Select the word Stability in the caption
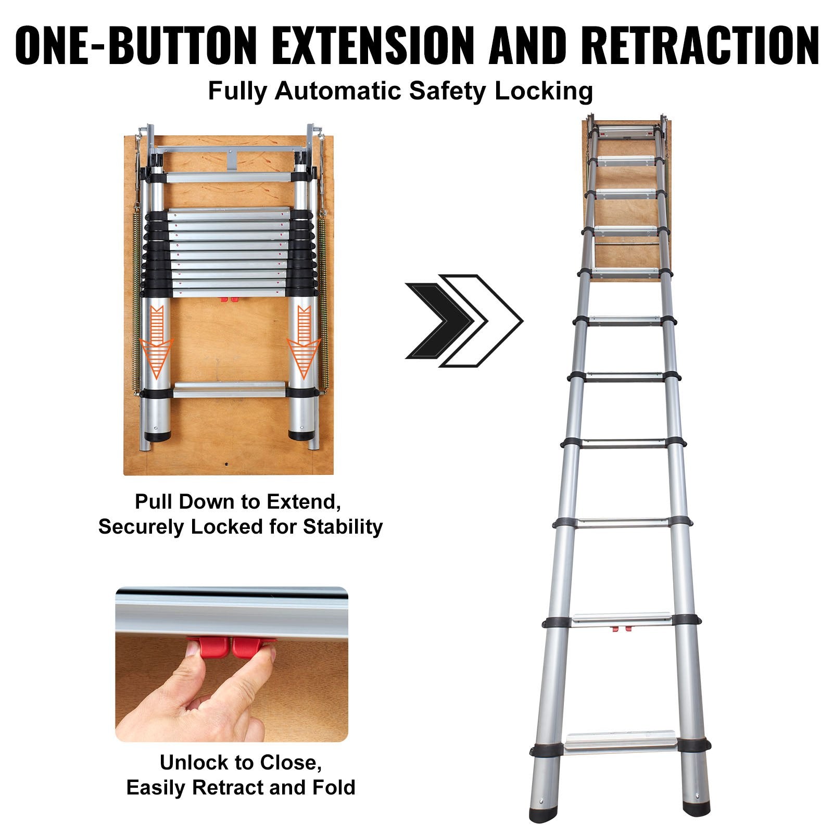(x=343, y=527)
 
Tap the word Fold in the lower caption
(x=334, y=788)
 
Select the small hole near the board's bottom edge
(x=227, y=463)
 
